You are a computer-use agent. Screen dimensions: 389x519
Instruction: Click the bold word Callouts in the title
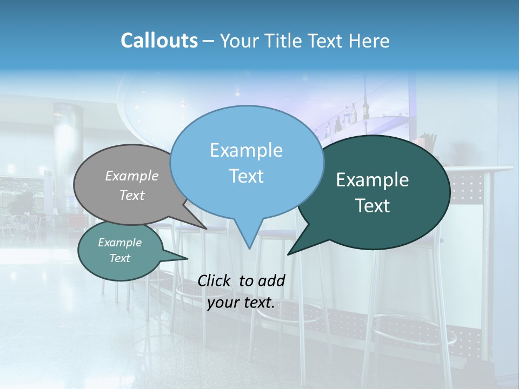coord(159,41)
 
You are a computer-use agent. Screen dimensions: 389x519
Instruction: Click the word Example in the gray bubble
coord(132,176)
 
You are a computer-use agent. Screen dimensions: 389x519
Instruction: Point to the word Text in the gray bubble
coord(132,195)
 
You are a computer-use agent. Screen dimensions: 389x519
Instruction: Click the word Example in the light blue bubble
coord(246,150)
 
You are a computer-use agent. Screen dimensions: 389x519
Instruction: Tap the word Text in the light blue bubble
coord(246,176)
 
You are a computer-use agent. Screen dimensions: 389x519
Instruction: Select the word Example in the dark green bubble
coord(372,180)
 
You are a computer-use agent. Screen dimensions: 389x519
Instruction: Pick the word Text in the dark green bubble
coord(372,206)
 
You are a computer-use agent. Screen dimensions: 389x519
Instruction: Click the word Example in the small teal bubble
coord(119,243)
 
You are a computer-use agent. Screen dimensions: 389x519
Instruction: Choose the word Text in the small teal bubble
coord(119,258)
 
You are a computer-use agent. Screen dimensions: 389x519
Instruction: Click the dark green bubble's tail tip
coord(288,254)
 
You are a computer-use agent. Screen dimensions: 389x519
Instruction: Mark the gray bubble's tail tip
coord(206,229)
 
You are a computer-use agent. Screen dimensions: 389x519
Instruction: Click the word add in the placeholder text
coord(271,280)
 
